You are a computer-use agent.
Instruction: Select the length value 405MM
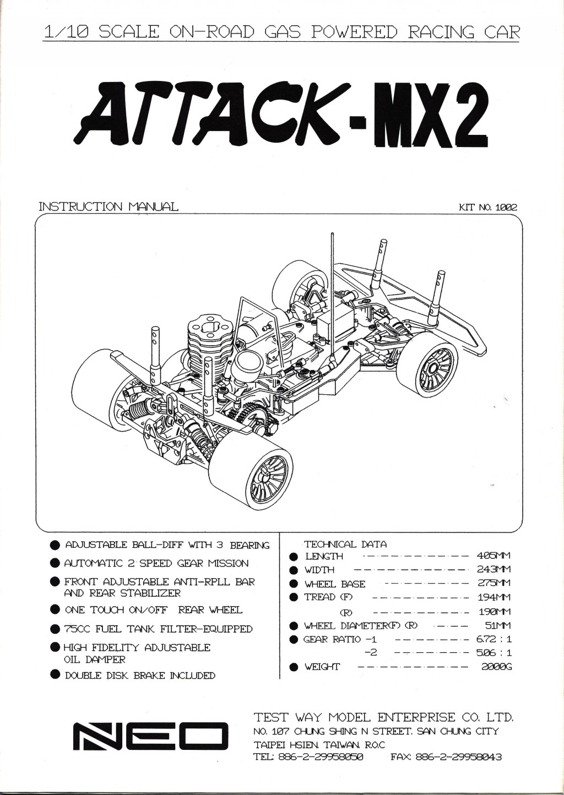point(493,556)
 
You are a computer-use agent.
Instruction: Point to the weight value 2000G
point(496,667)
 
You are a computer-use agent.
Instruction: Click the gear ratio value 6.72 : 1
point(493,639)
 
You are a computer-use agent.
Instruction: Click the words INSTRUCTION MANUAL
point(109,206)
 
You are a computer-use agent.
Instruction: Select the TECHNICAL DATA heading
point(345,544)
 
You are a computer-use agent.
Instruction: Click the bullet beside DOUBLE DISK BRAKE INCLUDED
point(55,675)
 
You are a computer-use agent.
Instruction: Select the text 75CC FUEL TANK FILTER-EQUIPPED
point(158,629)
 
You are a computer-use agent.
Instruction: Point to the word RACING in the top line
point(441,32)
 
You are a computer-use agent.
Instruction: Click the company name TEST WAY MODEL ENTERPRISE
point(354,717)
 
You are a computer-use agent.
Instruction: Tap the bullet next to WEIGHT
point(294,668)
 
